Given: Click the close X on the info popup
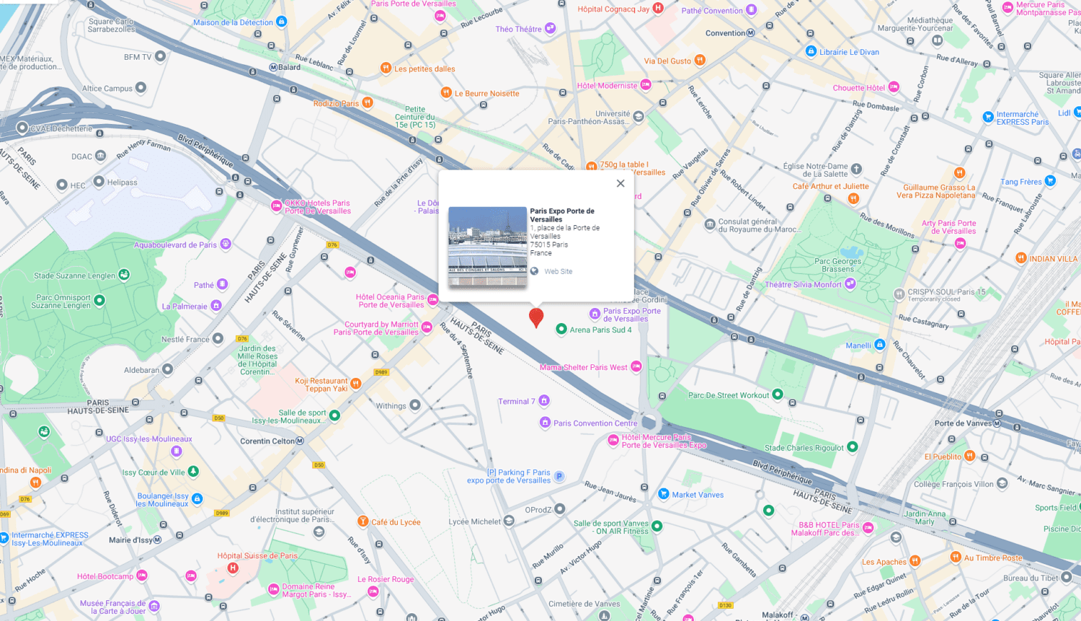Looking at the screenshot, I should tap(620, 183).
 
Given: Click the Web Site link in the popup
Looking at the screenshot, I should tap(558, 272).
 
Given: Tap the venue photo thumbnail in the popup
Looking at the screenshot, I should tap(487, 247).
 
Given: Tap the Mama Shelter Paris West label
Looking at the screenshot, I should tap(583, 368).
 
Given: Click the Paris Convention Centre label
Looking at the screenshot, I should tap(595, 423).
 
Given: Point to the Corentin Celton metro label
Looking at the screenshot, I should tap(268, 441).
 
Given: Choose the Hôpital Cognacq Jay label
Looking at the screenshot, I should tap(613, 9).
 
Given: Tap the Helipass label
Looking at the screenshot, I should tap(122, 182).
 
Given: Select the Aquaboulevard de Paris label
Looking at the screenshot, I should tap(175, 245).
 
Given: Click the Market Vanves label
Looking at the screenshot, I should tap(697, 495).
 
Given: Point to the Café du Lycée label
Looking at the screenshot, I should tap(395, 522).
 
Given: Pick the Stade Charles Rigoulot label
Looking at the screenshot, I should tap(804, 448).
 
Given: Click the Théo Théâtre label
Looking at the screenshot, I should tap(518, 30).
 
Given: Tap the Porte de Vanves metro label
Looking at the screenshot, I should tap(963, 423).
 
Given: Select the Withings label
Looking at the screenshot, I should tap(391, 406).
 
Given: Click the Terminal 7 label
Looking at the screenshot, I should tap(517, 402).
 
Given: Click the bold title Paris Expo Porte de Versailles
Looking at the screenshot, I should tap(562, 215).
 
